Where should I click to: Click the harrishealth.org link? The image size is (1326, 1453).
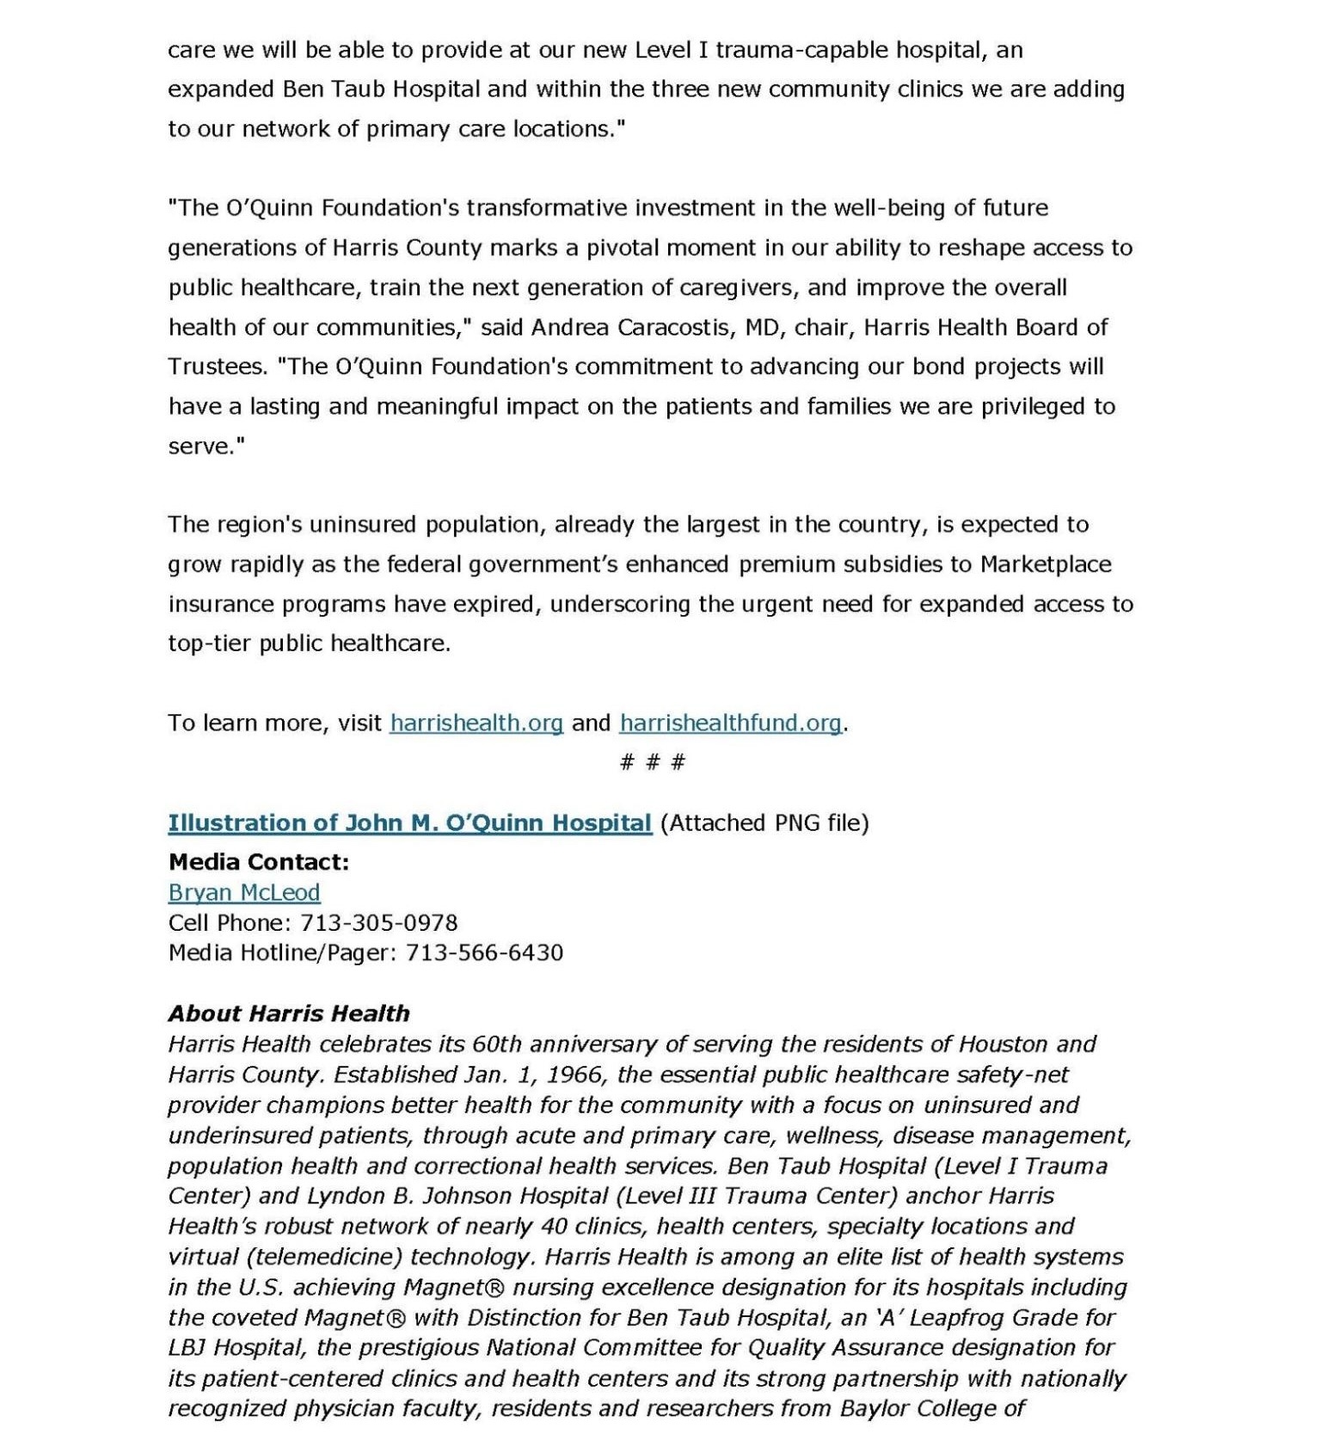pos(476,723)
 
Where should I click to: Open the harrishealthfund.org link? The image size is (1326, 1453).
pos(730,723)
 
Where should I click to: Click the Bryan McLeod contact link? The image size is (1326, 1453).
pos(244,892)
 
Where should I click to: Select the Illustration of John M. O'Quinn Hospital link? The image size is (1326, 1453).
pos(409,823)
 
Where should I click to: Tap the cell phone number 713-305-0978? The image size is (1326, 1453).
pos(378,923)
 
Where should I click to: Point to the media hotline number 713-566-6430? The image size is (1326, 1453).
pos(484,953)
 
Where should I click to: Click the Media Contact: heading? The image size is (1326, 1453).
pos(259,862)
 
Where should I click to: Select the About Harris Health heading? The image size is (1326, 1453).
pos(289,1013)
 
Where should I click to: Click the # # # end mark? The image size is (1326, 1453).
pos(652,762)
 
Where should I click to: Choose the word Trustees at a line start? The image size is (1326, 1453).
pos(218,367)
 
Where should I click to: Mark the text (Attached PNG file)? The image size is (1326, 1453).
pos(764,823)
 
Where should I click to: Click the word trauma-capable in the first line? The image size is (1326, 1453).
pos(802,50)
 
